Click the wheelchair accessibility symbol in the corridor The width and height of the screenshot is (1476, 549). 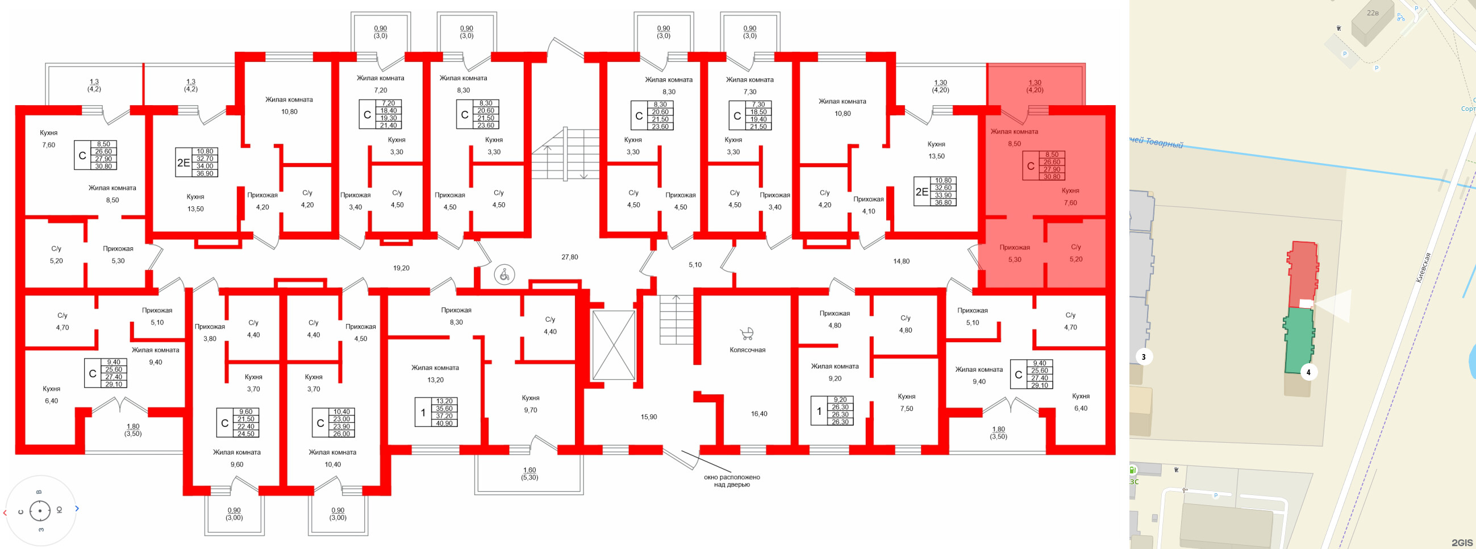pyautogui.click(x=504, y=275)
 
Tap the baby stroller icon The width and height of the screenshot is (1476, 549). pyautogui.click(x=747, y=334)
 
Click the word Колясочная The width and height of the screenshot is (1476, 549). pyautogui.click(x=747, y=350)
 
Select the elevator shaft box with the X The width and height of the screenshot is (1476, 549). pyautogui.click(x=613, y=345)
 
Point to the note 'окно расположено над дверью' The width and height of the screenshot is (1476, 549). pyautogui.click(x=732, y=481)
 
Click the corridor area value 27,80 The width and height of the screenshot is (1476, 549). pyautogui.click(x=569, y=257)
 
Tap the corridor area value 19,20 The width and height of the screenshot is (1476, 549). pyautogui.click(x=401, y=268)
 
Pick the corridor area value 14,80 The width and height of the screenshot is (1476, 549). pyautogui.click(x=901, y=261)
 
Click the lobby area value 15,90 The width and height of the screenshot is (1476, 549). pyautogui.click(x=649, y=417)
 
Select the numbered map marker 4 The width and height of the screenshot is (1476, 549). pyautogui.click(x=1308, y=372)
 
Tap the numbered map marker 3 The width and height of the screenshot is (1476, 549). pyautogui.click(x=1144, y=357)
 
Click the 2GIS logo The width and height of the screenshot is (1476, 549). pyautogui.click(x=1462, y=542)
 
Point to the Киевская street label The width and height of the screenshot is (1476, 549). pyautogui.click(x=1423, y=268)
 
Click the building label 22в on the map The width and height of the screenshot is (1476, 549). pyautogui.click(x=1373, y=13)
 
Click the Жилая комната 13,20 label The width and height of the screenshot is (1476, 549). pyautogui.click(x=435, y=373)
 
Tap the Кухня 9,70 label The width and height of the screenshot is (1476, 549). pyautogui.click(x=530, y=404)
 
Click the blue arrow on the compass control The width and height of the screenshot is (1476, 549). pyautogui.click(x=77, y=508)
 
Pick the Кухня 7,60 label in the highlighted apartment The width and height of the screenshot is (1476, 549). pyautogui.click(x=1070, y=197)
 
